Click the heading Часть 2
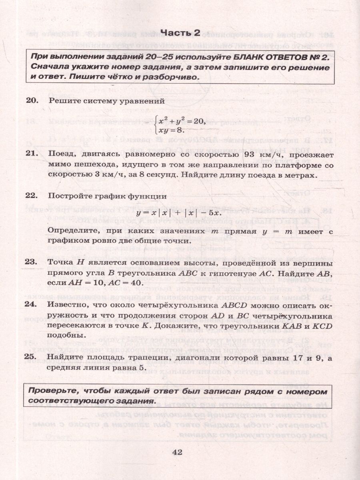[180, 33]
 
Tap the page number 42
[177, 452]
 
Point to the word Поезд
[60, 154]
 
